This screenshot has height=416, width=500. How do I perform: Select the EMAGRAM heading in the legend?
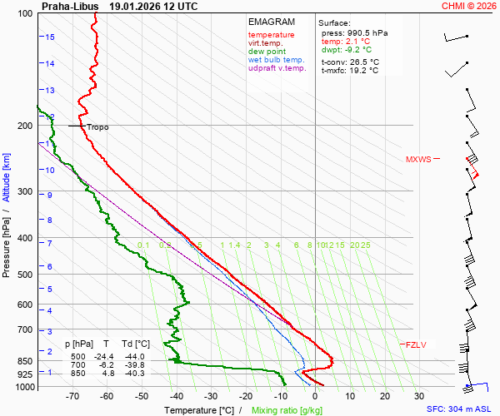(271, 22)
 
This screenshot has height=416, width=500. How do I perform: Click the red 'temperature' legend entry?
(271, 35)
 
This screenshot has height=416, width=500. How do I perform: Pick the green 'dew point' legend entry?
(267, 52)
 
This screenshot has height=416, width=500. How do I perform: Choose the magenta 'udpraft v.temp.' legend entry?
(277, 68)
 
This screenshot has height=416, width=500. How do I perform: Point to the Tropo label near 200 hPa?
(97, 127)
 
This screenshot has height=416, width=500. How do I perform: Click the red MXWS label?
(418, 159)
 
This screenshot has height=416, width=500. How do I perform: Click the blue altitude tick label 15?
(50, 37)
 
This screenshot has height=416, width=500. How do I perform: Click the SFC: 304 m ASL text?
(459, 409)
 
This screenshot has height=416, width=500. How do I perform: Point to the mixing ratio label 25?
(365, 245)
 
